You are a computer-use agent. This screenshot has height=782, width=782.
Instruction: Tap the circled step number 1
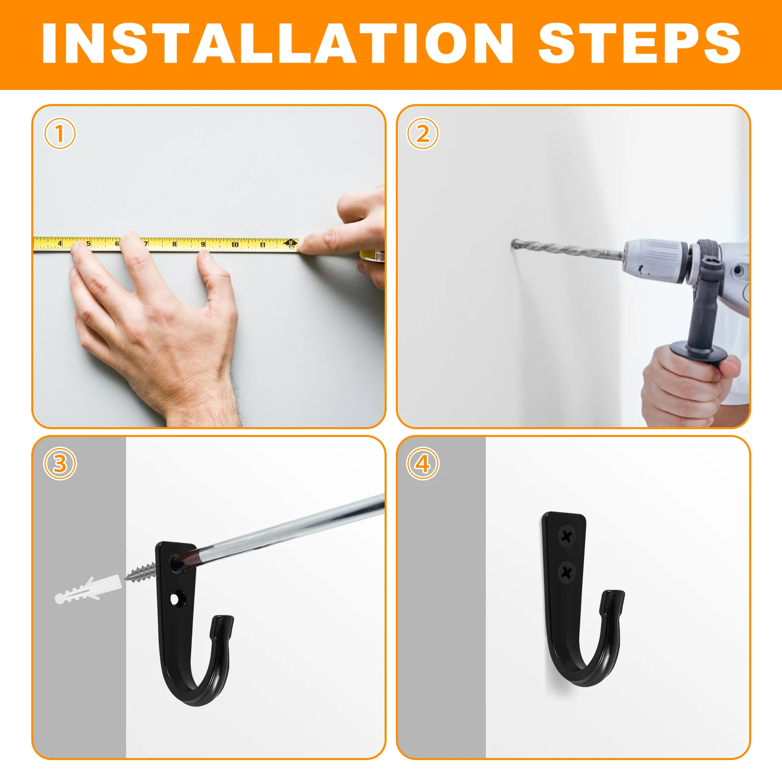click(x=60, y=133)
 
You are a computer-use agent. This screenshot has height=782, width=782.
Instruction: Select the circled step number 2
click(x=423, y=133)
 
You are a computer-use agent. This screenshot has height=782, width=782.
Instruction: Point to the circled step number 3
click(x=60, y=463)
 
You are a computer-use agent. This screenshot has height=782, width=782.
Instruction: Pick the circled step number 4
click(x=423, y=463)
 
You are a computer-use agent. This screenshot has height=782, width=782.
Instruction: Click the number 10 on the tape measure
click(x=235, y=244)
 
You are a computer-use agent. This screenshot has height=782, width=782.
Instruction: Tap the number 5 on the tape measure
click(x=88, y=243)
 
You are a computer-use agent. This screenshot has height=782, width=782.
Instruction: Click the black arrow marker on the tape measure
click(x=290, y=242)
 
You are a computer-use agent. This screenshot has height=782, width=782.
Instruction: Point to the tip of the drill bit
click(x=513, y=242)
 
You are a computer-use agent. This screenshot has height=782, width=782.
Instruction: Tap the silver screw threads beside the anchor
click(x=141, y=571)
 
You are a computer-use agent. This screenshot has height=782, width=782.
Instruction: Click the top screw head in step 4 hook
click(x=566, y=536)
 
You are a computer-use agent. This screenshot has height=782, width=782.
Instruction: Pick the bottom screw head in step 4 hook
click(x=567, y=572)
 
